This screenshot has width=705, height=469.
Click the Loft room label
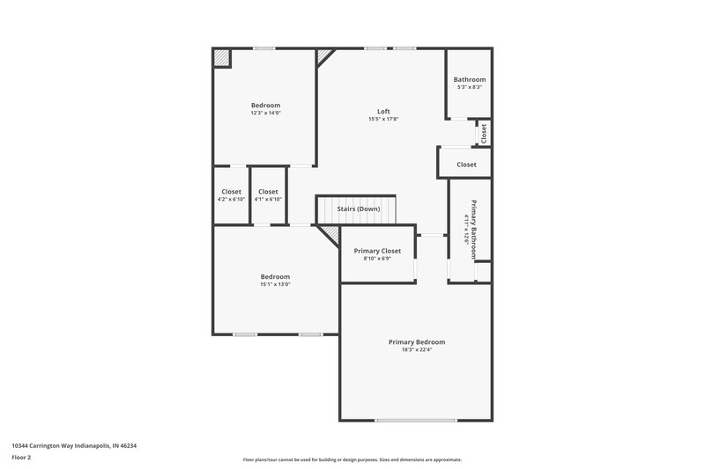pyautogui.click(x=383, y=112)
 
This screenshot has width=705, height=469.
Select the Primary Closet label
pyautogui.click(x=377, y=251)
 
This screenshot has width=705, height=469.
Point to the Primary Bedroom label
pyautogui.click(x=417, y=341)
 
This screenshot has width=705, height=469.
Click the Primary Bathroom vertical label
pyautogui.click(x=474, y=229)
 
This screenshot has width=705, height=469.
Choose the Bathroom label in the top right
pyautogui.click(x=469, y=80)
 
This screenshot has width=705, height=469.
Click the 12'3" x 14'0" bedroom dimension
pyautogui.click(x=265, y=113)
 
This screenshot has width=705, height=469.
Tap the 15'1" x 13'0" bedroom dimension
pyautogui.click(x=275, y=284)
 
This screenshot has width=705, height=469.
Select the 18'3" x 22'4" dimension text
pyautogui.click(x=417, y=349)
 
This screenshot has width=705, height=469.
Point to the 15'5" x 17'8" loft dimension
pyautogui.click(x=383, y=120)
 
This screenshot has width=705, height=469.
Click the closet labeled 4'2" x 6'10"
pyautogui.click(x=231, y=195)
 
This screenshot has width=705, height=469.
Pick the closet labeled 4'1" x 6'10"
pyautogui.click(x=268, y=195)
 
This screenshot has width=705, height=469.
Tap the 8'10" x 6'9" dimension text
pyautogui.click(x=377, y=259)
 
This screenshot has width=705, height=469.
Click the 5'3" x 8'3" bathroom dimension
pyautogui.click(x=469, y=87)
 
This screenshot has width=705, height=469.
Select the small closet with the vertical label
pyautogui.click(x=483, y=133)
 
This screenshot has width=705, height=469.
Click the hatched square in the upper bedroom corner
pyautogui.click(x=221, y=57)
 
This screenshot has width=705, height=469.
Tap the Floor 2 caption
pyautogui.click(x=22, y=458)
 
